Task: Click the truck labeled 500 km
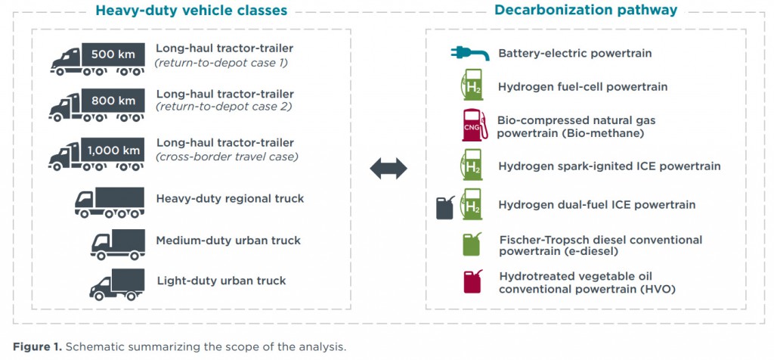coord(98,59)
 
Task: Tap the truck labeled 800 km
coord(97,105)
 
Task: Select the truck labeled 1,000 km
coord(97,154)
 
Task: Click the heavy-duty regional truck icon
coord(110,203)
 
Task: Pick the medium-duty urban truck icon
coord(118,244)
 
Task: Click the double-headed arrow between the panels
coord(389,169)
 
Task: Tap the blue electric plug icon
coord(470,53)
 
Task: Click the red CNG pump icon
coord(475,125)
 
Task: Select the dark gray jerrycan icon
coord(445,207)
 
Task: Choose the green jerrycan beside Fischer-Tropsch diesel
coord(472,244)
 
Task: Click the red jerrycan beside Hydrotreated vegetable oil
coord(472,281)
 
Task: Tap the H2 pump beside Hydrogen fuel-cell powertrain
coord(472,85)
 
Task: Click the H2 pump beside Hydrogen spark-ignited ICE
coord(472,164)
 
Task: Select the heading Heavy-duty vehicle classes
coord(191,11)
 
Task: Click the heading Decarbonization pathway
coord(586,10)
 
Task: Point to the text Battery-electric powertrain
coord(575,54)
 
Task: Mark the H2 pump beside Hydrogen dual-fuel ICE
coord(472,204)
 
